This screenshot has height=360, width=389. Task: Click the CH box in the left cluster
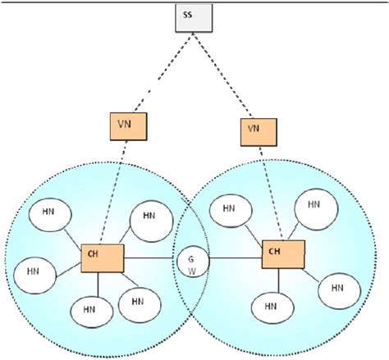[x=102, y=258]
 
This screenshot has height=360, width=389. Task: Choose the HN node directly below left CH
[x=89, y=312]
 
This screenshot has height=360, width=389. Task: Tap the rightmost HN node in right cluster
[x=336, y=286]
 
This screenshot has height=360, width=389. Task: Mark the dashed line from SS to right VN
[x=223, y=71]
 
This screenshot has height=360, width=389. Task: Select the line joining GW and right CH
[x=233, y=261]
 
